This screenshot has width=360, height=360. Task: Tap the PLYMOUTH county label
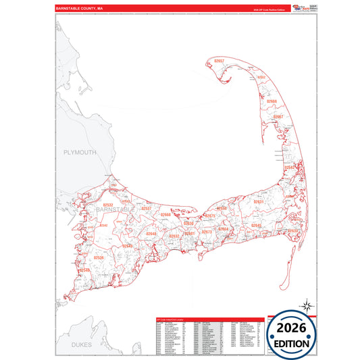[x=80, y=153]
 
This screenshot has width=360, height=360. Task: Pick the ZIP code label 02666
[x=271, y=101]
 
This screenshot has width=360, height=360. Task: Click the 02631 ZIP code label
[x=258, y=202]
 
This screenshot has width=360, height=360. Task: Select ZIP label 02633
[x=292, y=230]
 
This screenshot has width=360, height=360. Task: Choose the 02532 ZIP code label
[x=108, y=203]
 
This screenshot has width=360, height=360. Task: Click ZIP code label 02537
[x=146, y=209]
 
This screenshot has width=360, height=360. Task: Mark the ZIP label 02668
[x=165, y=215]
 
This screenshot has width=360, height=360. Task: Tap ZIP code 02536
[x=99, y=258]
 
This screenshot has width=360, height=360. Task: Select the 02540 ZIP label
[x=84, y=270]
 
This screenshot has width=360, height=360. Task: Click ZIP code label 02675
[x=209, y=216]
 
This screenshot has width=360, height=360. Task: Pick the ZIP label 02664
[x=223, y=229]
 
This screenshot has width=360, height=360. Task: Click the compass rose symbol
[x=306, y=305]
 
